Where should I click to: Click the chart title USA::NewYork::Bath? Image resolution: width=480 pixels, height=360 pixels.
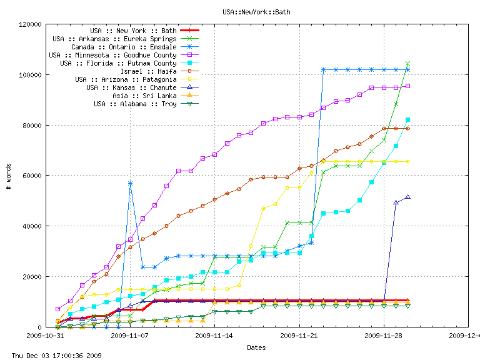[x=256, y=12]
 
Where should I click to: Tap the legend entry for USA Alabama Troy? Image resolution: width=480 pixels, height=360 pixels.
[x=135, y=104]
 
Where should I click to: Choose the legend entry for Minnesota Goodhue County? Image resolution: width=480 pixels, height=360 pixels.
[x=112, y=55]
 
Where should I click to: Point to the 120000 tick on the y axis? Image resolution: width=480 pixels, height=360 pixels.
[x=31, y=24]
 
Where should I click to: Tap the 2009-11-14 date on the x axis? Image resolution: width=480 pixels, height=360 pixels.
[x=214, y=336]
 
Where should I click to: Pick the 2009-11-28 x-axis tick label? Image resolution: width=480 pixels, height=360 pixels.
[x=384, y=336]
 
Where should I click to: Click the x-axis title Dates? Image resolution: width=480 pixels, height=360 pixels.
[x=256, y=347]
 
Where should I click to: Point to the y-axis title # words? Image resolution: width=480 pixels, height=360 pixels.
[x=9, y=176]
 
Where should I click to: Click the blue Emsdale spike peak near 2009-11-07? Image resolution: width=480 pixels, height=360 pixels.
[x=130, y=183]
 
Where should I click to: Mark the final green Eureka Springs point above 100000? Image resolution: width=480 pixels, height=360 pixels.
[x=407, y=64]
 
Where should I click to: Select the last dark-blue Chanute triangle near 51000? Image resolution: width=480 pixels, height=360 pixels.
[x=407, y=197]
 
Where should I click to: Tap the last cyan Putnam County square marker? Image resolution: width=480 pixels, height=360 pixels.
[x=407, y=119]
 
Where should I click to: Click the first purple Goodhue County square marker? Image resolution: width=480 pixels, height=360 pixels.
[x=57, y=309]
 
